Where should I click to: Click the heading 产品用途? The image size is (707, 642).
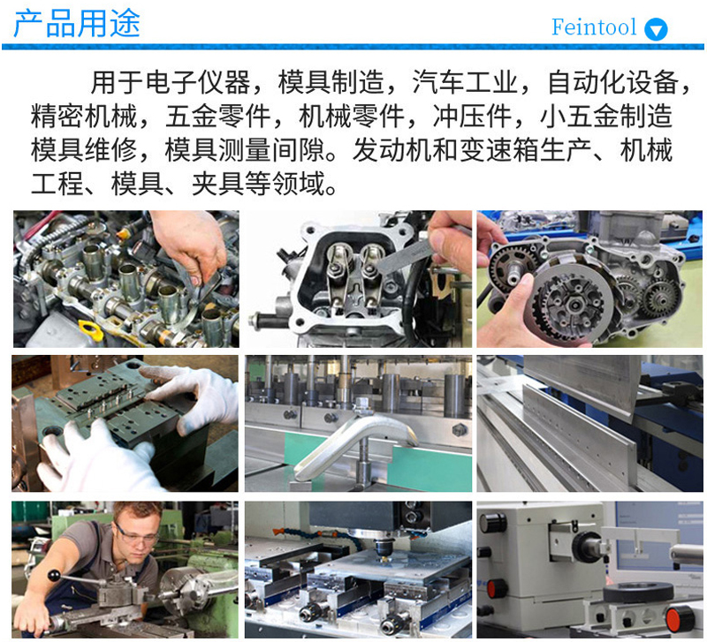[77, 24]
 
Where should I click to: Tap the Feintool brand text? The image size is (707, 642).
[594, 27]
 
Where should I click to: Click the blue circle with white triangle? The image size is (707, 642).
[656, 30]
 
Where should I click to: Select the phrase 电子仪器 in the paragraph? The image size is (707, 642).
[197, 82]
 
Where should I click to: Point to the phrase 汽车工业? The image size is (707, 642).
[464, 82]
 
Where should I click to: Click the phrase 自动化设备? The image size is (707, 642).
[612, 82]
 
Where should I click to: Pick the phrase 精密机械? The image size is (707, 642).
[83, 117]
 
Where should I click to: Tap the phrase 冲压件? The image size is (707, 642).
[472, 117]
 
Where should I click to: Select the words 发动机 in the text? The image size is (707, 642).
[392, 150]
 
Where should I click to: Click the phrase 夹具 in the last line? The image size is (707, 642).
[217, 184]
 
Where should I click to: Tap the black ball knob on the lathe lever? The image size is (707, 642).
[54, 576]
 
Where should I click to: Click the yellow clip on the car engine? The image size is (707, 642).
[89, 330]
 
